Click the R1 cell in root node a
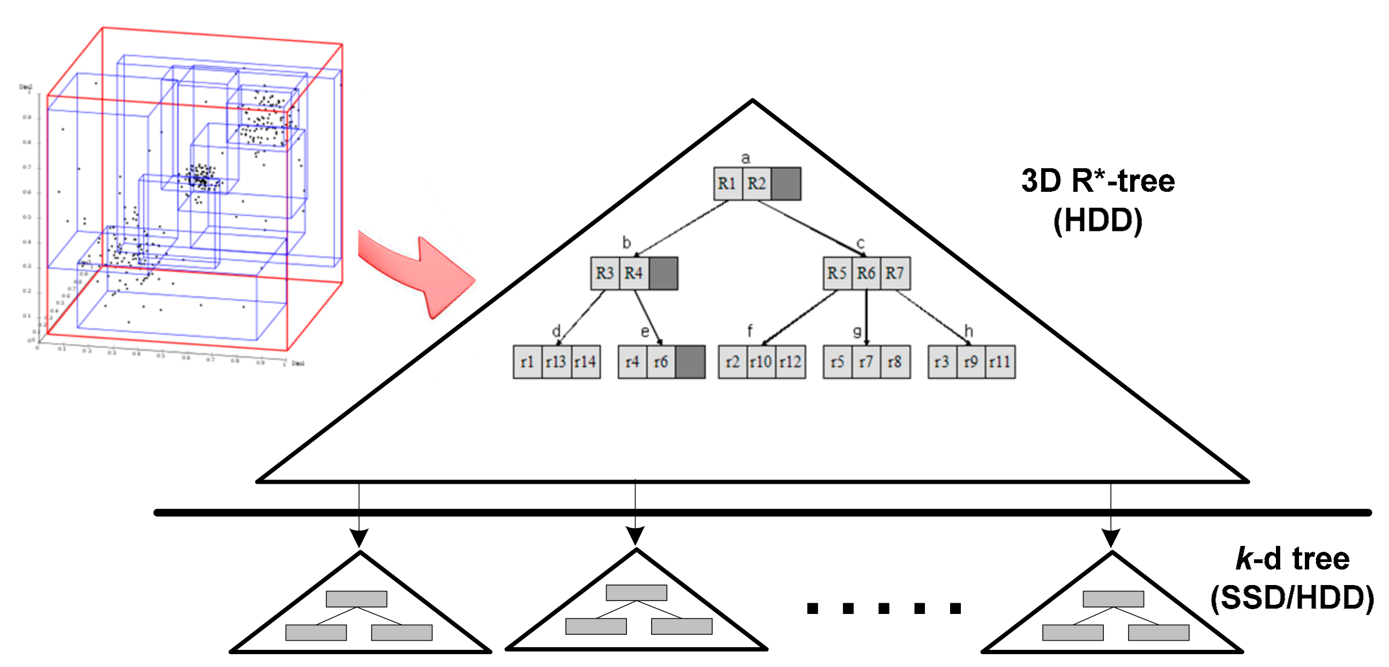(x=727, y=184)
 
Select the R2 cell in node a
(x=757, y=184)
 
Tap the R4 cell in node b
(x=633, y=273)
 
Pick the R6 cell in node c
(x=866, y=273)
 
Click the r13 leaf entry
(x=556, y=362)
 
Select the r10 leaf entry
(x=761, y=362)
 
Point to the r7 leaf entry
(x=866, y=362)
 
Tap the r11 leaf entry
(x=1000, y=362)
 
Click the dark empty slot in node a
(x=786, y=184)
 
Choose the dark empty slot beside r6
(x=690, y=362)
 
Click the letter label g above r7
(x=857, y=331)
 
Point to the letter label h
(x=969, y=331)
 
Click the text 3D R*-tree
(x=1098, y=181)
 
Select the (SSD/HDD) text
(x=1292, y=598)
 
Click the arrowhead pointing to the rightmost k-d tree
(x=1111, y=537)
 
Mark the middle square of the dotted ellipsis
(x=884, y=609)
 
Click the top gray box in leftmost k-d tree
(x=356, y=599)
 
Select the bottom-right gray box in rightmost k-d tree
(x=1159, y=633)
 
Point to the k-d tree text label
(x=1292, y=559)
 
